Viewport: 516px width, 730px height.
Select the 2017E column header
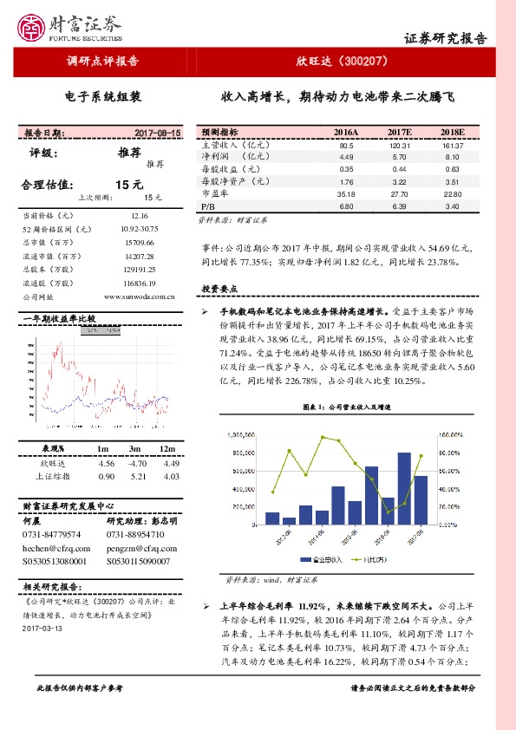click(399, 131)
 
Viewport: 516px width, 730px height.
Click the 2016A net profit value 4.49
click(348, 158)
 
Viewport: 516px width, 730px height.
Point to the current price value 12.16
click(140, 214)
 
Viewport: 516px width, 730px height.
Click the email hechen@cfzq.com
click(53, 549)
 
